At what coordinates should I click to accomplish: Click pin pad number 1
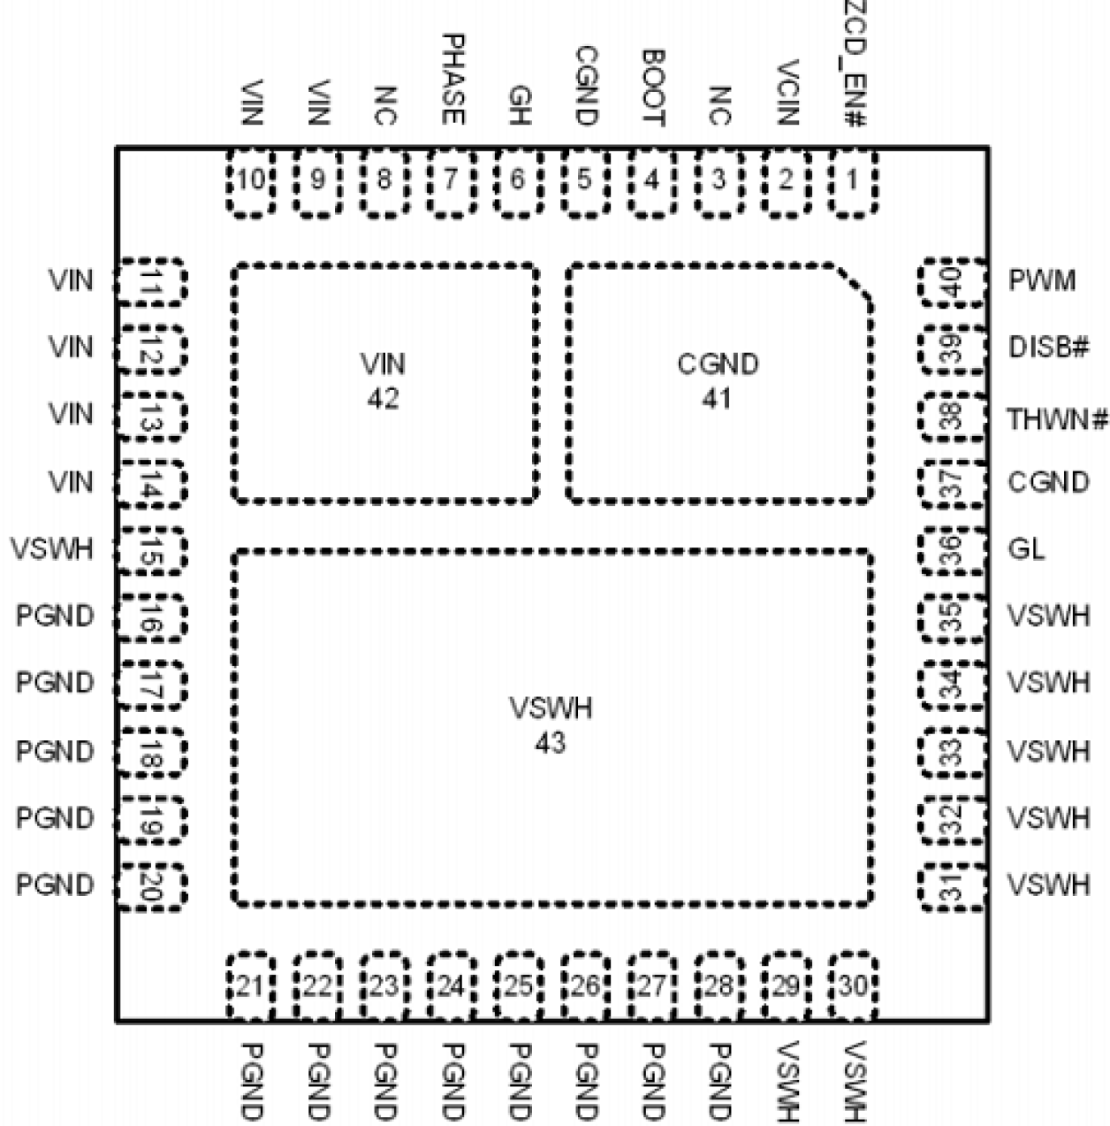click(x=853, y=181)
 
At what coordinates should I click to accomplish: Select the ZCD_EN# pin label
click(x=854, y=65)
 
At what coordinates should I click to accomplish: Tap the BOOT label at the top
click(x=653, y=88)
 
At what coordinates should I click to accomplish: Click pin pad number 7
click(x=451, y=181)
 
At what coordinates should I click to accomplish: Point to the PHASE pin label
click(x=452, y=80)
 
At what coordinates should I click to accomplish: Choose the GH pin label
click(x=518, y=103)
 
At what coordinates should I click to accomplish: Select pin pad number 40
click(x=953, y=283)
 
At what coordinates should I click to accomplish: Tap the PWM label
click(x=1042, y=281)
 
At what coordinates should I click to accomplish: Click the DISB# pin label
click(x=1047, y=348)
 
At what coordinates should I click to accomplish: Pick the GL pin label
click(x=1026, y=549)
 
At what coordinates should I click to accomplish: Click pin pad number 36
click(x=953, y=549)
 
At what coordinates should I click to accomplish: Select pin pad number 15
click(x=151, y=549)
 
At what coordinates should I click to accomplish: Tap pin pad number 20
click(x=151, y=886)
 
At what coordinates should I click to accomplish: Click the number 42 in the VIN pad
click(x=383, y=399)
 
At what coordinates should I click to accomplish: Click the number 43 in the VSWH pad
click(x=550, y=744)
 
